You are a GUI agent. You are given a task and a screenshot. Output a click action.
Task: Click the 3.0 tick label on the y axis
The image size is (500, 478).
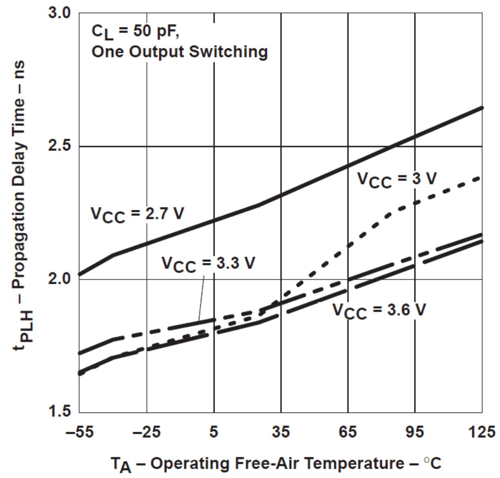click(x=59, y=13)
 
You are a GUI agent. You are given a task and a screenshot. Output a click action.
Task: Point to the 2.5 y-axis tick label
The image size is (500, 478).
click(x=59, y=146)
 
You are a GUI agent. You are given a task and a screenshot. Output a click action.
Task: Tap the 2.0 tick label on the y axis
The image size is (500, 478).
click(x=59, y=279)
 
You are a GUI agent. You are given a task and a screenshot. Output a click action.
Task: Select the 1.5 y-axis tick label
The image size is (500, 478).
click(x=59, y=412)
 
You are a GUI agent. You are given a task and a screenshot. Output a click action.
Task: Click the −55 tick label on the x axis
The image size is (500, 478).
click(x=79, y=432)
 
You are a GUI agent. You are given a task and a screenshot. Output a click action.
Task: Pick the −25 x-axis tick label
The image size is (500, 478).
click(x=146, y=432)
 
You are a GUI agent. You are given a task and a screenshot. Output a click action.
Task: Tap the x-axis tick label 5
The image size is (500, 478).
click(x=213, y=432)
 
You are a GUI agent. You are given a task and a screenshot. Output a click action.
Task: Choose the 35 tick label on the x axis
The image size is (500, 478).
click(x=281, y=432)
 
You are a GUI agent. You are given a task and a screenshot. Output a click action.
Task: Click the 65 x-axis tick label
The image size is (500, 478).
click(x=348, y=432)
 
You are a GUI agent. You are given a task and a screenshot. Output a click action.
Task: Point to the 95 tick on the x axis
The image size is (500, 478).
click(x=415, y=432)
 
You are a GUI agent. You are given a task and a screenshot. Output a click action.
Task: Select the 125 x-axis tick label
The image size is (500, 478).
click(x=482, y=432)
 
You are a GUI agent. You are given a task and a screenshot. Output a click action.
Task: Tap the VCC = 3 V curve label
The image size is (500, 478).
click(x=397, y=179)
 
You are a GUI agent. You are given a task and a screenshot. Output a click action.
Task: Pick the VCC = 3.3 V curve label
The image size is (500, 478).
click(x=208, y=264)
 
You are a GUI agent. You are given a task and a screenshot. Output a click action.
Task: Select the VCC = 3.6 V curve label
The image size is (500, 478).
click(x=379, y=311)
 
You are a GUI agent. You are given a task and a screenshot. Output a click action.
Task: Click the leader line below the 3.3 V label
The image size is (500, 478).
click(x=201, y=297)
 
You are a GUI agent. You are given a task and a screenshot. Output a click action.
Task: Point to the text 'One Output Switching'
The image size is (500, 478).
click(x=179, y=52)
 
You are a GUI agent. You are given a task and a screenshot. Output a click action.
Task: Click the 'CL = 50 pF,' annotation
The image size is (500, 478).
click(x=135, y=32)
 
